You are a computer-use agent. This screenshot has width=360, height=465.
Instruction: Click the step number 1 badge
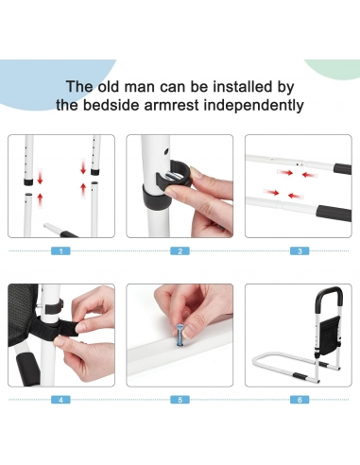[60, 251]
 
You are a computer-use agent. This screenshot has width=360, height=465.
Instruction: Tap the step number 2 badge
[180, 251]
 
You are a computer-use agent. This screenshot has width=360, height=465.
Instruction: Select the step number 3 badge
[300, 251]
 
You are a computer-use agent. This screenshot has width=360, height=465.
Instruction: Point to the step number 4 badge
[60, 400]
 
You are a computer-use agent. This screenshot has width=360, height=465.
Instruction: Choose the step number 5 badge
[180, 400]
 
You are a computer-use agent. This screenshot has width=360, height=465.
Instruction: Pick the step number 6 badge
[300, 400]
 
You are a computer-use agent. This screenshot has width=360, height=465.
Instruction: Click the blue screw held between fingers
[180, 336]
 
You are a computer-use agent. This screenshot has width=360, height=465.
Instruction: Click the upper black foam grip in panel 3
[343, 168]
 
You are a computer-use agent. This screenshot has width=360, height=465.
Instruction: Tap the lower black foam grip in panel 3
[334, 213]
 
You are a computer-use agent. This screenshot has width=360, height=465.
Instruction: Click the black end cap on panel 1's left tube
[28, 181]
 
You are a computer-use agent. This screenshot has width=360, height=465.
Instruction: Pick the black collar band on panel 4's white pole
[54, 308]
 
